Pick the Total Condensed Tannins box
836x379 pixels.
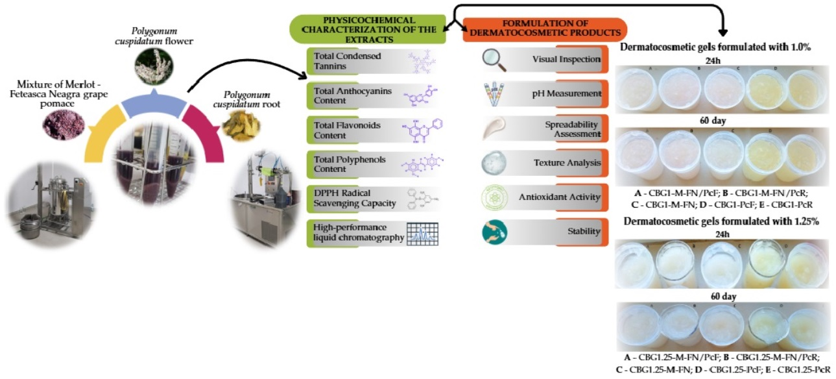coord(374,60)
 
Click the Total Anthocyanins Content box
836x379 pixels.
coord(374,97)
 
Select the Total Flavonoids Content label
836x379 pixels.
coord(338,129)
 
